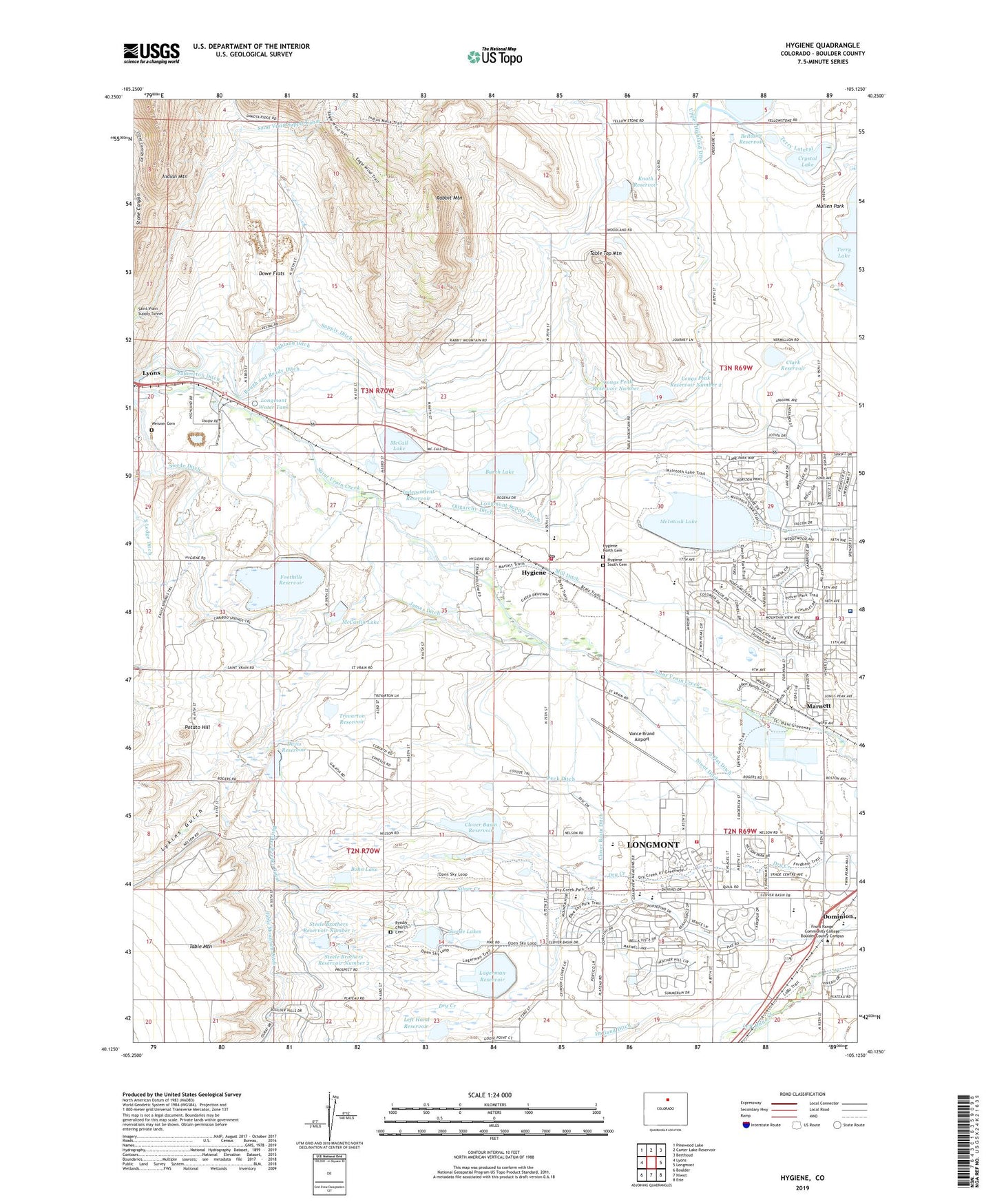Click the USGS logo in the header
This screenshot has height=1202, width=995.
click(x=151, y=53)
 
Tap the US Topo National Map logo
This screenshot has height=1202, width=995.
click(x=494, y=56)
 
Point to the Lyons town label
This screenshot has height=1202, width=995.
click(x=151, y=373)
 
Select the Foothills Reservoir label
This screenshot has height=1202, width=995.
click(x=282, y=579)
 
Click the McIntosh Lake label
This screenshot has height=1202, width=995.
click(x=678, y=522)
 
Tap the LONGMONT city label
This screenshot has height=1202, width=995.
click(x=653, y=845)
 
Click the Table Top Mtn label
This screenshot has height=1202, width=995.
click(x=605, y=253)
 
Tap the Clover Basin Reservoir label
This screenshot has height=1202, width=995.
click(x=470, y=827)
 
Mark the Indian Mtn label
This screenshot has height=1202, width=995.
click(x=175, y=177)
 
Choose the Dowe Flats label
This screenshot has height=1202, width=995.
click(x=271, y=274)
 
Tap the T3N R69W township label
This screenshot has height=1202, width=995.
click(x=736, y=368)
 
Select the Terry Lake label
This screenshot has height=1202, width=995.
click(x=844, y=253)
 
